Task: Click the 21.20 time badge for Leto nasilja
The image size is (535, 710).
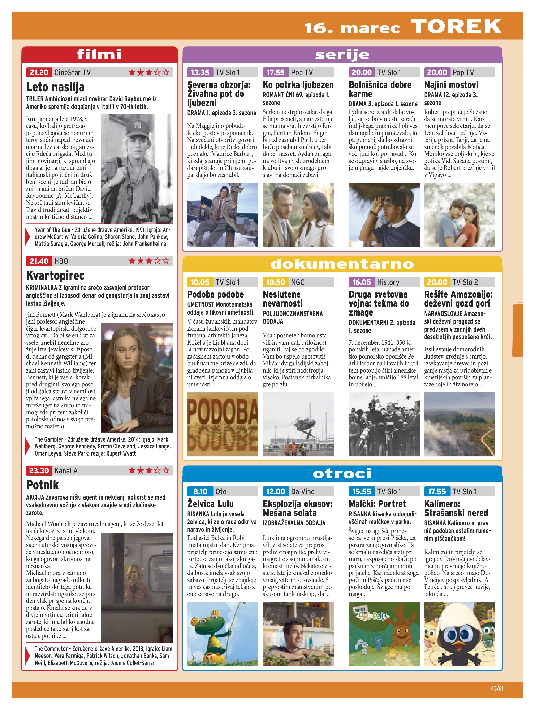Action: [39, 73]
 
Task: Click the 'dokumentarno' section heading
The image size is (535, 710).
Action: [342, 264]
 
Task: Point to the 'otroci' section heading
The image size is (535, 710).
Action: [342, 474]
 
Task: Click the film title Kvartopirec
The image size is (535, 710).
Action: [55, 275]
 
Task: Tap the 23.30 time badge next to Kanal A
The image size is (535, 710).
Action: [39, 471]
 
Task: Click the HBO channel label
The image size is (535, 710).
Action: [61, 261]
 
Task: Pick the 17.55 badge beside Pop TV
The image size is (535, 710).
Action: [276, 73]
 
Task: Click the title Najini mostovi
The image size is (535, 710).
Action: [451, 85]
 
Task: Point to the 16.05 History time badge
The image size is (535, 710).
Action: [362, 282]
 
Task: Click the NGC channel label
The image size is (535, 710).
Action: [298, 282]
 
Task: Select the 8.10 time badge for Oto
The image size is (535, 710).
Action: [200, 492]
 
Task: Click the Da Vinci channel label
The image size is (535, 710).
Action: [303, 492]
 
